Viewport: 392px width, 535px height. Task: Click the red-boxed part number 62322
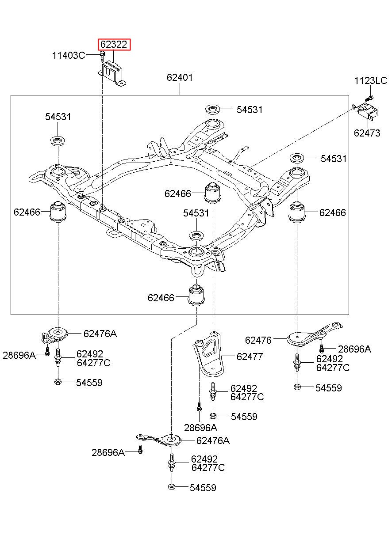point(113,45)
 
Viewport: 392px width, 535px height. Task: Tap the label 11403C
point(69,55)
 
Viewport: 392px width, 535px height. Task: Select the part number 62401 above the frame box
point(180,77)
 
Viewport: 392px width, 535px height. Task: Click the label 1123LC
point(370,81)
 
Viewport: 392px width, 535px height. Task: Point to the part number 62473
point(367,133)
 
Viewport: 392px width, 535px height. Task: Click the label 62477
point(250,357)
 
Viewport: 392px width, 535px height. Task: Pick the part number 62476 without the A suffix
point(258,340)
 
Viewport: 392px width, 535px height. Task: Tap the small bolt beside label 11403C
point(102,56)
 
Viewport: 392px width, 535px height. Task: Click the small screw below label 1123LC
point(369,98)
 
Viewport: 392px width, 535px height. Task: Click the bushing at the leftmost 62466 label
point(58,212)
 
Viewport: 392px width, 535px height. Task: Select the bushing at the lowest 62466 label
point(196,296)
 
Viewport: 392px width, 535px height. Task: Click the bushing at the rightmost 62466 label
point(297,212)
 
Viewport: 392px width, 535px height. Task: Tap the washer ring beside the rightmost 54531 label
point(297,158)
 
